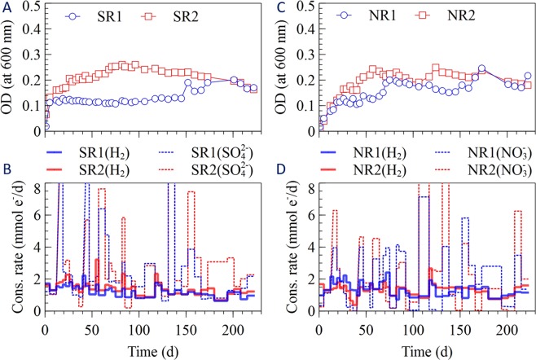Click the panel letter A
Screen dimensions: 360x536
tap(8, 7)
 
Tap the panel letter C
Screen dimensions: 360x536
tap(277, 7)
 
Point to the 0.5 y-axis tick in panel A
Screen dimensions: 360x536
tap(30, 7)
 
